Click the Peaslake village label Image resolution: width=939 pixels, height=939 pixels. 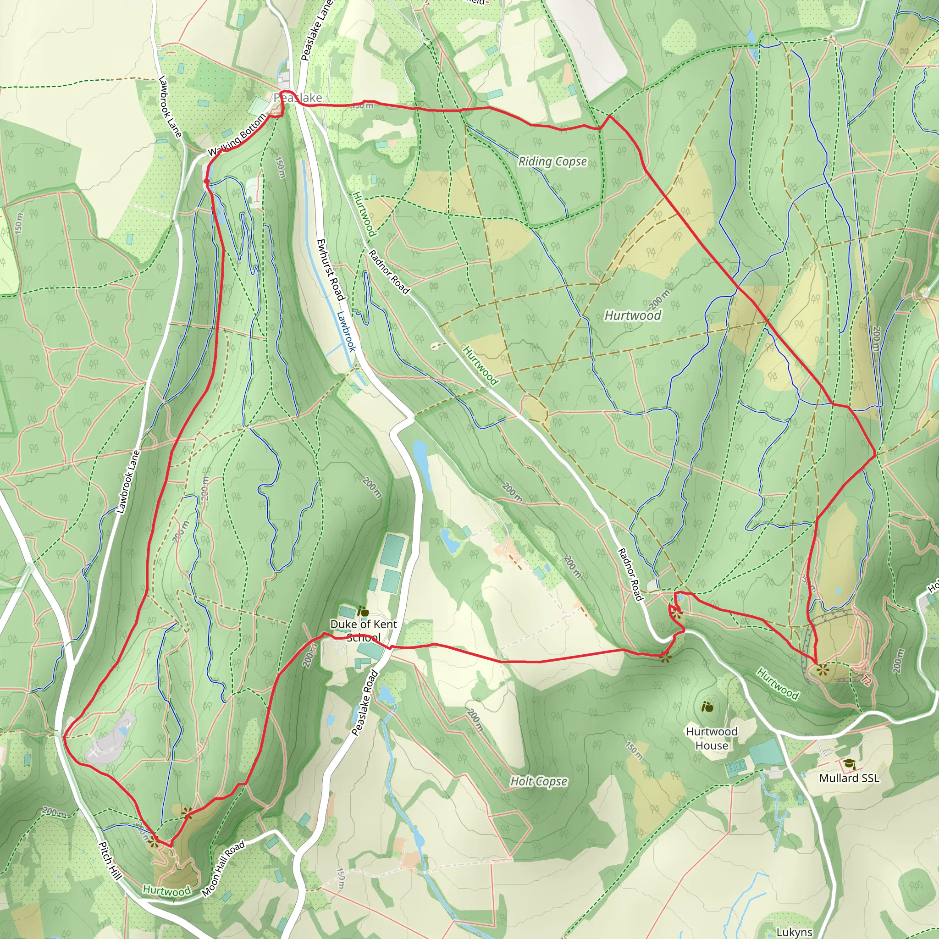[x=298, y=98]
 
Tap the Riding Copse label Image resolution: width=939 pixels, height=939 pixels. [x=552, y=161]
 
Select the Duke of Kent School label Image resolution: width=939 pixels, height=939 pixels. [x=363, y=630]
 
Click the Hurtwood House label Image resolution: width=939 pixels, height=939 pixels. [x=711, y=738]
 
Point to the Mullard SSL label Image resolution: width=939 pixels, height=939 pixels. [x=849, y=778]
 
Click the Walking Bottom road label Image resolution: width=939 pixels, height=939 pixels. [x=238, y=135]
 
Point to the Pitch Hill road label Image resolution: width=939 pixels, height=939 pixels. [x=110, y=860]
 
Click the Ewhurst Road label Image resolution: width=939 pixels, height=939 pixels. [x=331, y=269]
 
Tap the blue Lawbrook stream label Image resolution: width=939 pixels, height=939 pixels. [x=347, y=331]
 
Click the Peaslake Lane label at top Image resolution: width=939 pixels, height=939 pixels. [x=316, y=30]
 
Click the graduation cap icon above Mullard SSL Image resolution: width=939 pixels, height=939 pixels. [x=849, y=764]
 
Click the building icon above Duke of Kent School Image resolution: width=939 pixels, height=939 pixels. [x=363, y=612]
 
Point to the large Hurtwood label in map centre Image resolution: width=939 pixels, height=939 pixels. [x=632, y=315]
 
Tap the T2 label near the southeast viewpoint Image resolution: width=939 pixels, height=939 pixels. [x=866, y=680]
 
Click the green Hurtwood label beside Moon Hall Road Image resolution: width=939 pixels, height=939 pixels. [x=167, y=891]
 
